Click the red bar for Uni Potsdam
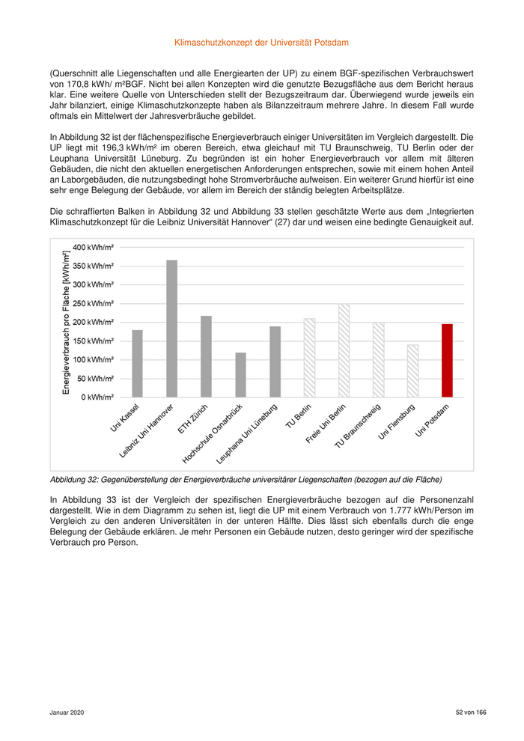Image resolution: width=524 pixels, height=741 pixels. (x=447, y=360)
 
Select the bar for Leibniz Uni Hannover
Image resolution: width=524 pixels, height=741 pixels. (x=171, y=329)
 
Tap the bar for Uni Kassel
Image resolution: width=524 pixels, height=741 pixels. (x=137, y=363)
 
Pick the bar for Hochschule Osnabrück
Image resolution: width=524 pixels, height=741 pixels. (x=240, y=374)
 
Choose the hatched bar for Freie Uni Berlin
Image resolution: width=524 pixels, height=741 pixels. (x=344, y=350)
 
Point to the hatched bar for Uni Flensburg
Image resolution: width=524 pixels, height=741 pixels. (x=412, y=370)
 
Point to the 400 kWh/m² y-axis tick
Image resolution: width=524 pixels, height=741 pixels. (x=94, y=247)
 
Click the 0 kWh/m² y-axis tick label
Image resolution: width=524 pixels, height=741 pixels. (x=97, y=397)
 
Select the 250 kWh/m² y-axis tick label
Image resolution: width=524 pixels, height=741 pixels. (x=94, y=303)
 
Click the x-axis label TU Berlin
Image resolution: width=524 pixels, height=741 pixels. (x=298, y=416)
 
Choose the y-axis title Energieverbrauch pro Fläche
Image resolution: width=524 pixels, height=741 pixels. (x=66, y=323)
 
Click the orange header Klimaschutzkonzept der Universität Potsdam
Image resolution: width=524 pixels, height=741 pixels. (x=261, y=44)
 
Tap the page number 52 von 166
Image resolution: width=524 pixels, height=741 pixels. (x=471, y=713)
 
